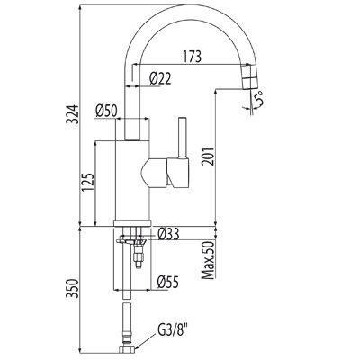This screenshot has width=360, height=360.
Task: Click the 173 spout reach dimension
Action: pyautogui.click(x=191, y=57)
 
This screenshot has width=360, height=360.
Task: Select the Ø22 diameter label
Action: pyautogui.click(x=160, y=78)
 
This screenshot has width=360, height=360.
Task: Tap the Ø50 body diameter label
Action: pyautogui.click(x=106, y=111)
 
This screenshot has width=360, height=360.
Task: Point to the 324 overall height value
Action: pyautogui.click(x=72, y=114)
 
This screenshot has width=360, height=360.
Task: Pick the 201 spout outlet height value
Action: pyautogui.click(x=208, y=156)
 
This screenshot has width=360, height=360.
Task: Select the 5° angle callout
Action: pyautogui.click(x=258, y=99)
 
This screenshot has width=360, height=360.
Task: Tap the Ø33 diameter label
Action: pyautogui.click(x=168, y=234)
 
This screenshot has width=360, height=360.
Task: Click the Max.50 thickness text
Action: pyautogui.click(x=208, y=260)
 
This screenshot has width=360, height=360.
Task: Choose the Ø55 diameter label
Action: pyautogui.click(x=168, y=282)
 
